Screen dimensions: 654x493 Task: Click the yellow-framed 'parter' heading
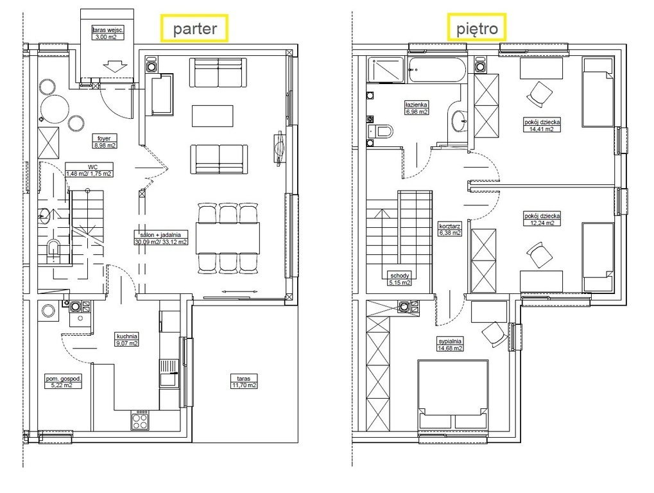click(194, 28)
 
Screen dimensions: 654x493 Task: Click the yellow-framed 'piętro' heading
click(477, 28)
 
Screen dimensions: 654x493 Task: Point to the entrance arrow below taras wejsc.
click(115, 67)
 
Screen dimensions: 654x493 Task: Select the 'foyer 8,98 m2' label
click(104, 142)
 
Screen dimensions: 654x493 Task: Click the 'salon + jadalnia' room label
click(160, 238)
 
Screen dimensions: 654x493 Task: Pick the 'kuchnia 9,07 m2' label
click(127, 340)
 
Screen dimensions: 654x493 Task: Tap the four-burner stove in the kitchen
click(139, 420)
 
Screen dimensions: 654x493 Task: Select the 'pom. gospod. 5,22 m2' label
click(64, 382)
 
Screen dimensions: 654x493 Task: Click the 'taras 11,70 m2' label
click(244, 382)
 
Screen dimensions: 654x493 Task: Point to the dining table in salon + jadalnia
click(228, 238)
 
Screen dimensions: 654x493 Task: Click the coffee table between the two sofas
click(212, 116)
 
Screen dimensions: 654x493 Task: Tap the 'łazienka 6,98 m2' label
click(417, 108)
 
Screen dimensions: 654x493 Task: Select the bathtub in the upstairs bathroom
click(437, 70)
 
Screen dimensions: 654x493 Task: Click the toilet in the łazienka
click(380, 132)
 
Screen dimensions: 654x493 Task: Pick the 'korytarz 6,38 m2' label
click(450, 229)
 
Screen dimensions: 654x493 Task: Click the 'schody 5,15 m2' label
click(400, 279)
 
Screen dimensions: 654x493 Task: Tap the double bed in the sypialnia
click(452, 395)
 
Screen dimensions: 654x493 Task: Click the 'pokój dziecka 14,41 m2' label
click(542, 126)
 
